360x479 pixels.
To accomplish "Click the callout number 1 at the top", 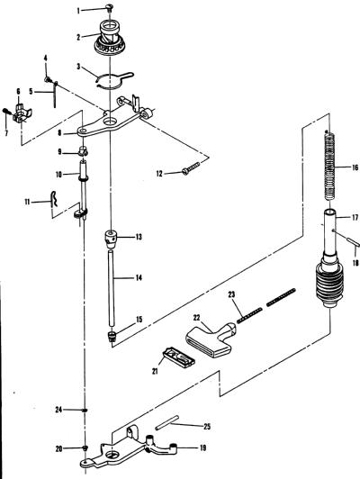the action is [x=78, y=11].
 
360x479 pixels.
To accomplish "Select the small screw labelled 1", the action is [x=110, y=7].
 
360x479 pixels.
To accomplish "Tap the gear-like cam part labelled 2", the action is [x=109, y=38].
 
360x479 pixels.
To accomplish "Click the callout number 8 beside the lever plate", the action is [x=59, y=133].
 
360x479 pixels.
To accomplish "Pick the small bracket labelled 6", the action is [x=22, y=113].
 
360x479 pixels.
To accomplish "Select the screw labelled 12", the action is [x=191, y=168].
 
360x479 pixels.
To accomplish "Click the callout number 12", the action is [x=159, y=174].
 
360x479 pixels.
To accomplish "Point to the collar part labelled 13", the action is [x=112, y=239].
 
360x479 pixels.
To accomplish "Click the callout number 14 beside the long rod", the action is [x=139, y=277].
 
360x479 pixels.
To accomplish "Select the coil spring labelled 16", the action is [x=330, y=166].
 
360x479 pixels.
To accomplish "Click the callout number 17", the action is [x=355, y=218].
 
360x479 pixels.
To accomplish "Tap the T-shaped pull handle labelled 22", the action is [x=211, y=339].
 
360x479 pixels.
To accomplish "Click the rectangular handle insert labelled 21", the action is [x=178, y=357].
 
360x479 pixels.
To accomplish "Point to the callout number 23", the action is [x=232, y=294].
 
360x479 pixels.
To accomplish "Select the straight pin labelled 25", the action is [x=166, y=423].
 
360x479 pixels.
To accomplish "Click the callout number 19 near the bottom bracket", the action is [x=202, y=448].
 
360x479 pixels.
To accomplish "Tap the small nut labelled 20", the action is [x=85, y=447].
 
